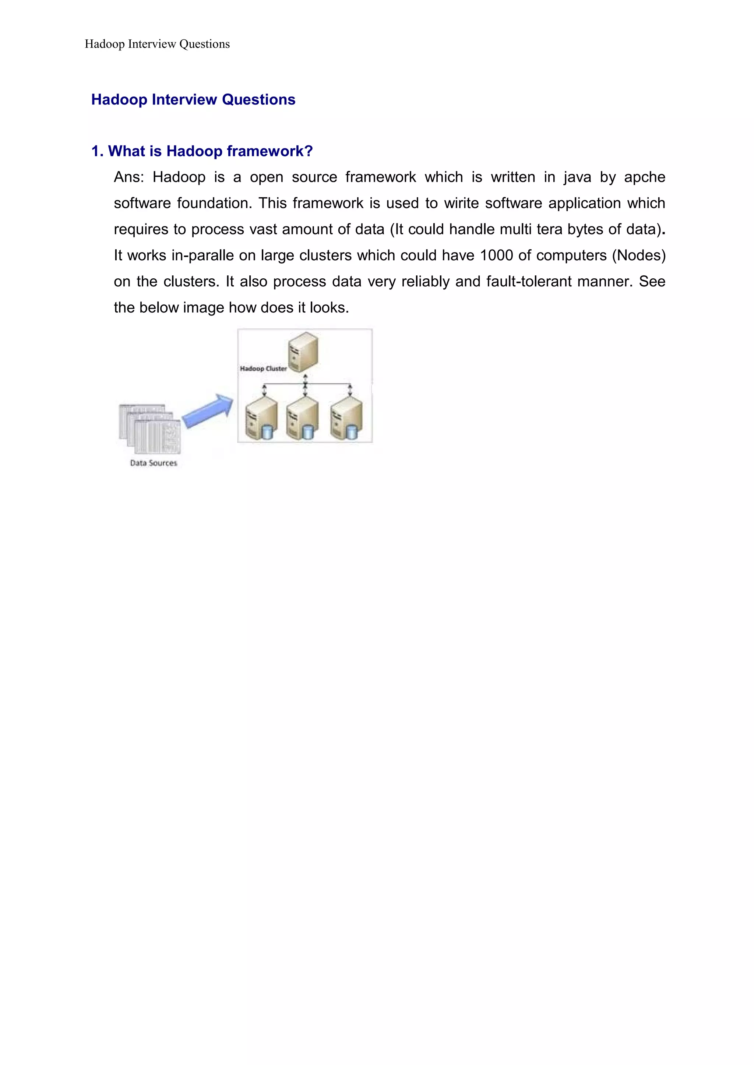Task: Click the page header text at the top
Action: (x=157, y=44)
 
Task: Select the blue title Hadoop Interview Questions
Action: (x=193, y=99)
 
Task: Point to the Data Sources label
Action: (x=153, y=463)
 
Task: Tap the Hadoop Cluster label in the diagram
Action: (x=263, y=368)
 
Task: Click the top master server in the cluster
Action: (x=303, y=352)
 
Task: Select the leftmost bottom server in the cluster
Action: (x=261, y=419)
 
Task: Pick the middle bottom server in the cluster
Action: (x=302, y=419)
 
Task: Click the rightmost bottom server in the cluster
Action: (x=346, y=419)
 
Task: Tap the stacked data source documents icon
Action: (x=149, y=429)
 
